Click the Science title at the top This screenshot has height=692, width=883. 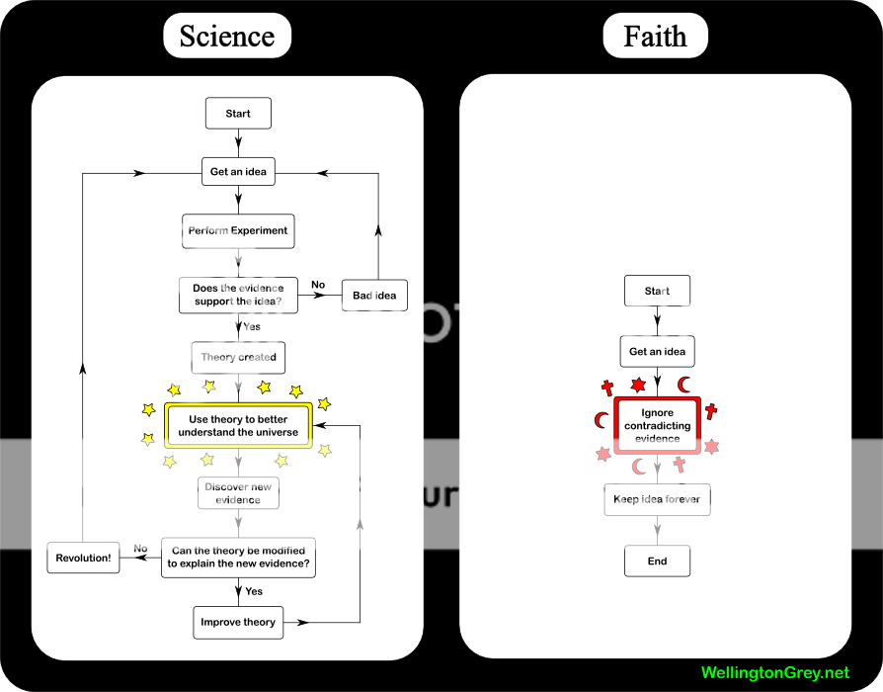tap(226, 37)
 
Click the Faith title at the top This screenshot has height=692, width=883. tap(655, 37)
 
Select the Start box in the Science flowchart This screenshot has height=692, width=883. tap(238, 114)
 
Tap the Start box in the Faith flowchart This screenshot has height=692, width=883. tap(657, 291)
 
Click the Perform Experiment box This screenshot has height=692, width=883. tap(238, 231)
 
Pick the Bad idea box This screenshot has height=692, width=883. tap(374, 296)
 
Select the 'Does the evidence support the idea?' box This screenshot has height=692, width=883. tap(238, 295)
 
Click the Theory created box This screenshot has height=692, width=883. tap(238, 358)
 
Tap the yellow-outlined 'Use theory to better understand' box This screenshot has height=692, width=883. tap(238, 426)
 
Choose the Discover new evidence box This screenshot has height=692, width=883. tap(238, 493)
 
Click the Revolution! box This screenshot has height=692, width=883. tap(83, 558)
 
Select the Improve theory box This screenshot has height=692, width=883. tap(238, 623)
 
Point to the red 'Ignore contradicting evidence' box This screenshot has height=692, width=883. tap(658, 425)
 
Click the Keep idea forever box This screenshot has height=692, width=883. tap(657, 499)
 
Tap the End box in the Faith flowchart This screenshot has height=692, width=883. tap(657, 562)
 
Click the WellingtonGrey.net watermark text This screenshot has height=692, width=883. tap(774, 673)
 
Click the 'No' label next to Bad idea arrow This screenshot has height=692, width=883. tap(318, 285)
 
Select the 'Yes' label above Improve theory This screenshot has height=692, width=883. tap(254, 591)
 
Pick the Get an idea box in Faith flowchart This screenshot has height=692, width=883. tap(657, 352)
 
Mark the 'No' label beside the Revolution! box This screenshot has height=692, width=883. tap(140, 549)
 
